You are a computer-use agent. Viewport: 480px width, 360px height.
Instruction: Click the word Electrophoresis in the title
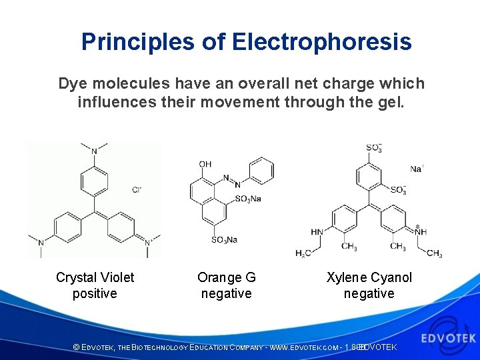point(322,42)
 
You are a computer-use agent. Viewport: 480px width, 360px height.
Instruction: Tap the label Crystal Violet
point(95,277)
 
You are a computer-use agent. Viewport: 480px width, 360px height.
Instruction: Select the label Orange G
point(226,277)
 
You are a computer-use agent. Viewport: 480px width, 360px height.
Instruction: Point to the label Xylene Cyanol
point(369,277)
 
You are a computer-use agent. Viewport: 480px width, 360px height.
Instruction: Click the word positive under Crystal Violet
point(95,294)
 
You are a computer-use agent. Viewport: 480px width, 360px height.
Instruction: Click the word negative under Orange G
point(226,294)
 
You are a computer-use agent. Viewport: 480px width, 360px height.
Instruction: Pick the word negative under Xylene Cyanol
point(369,294)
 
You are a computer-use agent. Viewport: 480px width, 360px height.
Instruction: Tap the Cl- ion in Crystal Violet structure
point(137,189)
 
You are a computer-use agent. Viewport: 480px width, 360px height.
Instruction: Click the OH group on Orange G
point(205,165)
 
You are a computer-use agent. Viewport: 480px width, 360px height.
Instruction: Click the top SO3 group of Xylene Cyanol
point(374,148)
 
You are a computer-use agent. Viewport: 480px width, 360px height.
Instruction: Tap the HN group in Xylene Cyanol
point(317,232)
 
